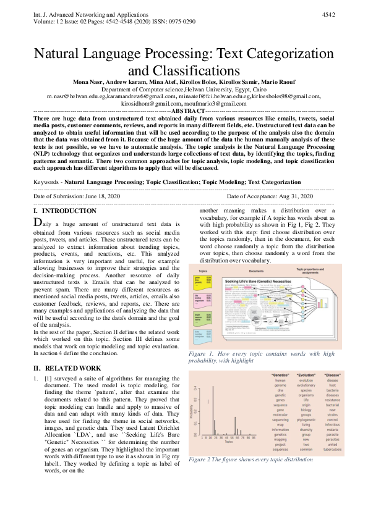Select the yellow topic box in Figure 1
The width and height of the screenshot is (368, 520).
point(205,280)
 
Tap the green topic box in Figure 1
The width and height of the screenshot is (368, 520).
point(205,319)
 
